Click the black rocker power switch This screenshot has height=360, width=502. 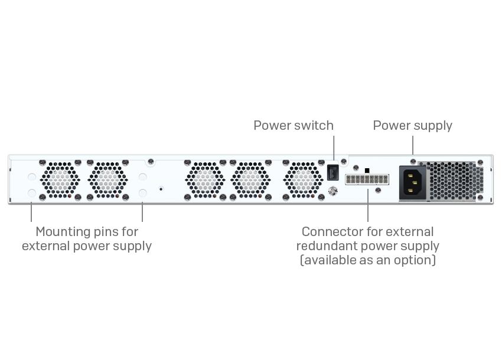click(x=333, y=172)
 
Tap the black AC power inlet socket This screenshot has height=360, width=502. click(x=412, y=182)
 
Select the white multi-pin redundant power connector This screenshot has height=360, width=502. click(x=367, y=179)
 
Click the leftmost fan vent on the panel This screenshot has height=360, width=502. click(x=60, y=179)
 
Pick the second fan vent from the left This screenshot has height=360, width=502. click(x=107, y=179)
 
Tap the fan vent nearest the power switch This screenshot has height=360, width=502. click(x=303, y=179)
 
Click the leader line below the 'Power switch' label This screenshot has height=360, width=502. click(x=333, y=148)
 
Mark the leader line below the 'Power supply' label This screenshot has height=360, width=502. click(x=412, y=145)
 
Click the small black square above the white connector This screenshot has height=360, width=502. click(x=367, y=171)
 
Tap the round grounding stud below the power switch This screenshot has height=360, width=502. click(x=332, y=191)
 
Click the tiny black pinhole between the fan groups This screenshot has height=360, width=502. click(x=161, y=189)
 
